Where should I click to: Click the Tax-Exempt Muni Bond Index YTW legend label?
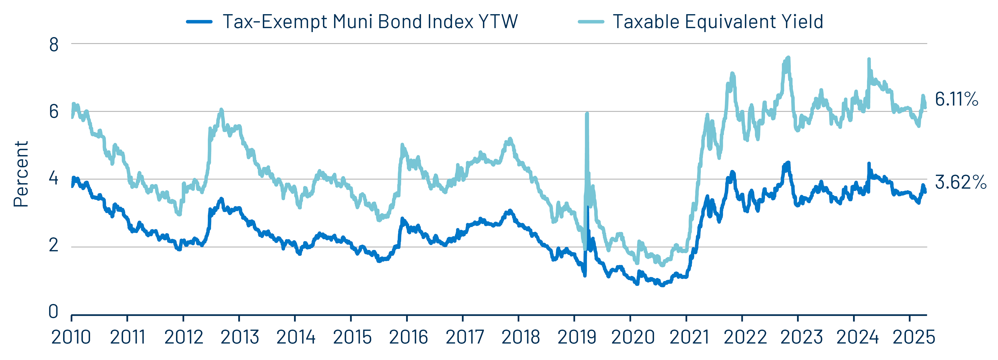pos(370,22)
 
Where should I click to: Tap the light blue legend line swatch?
pos(591,22)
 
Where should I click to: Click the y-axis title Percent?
pos(21,174)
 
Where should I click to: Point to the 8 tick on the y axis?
pos(54,45)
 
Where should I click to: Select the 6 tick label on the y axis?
pos(54,112)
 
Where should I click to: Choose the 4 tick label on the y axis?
pos(54,179)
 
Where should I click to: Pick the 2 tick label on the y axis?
pos(54,246)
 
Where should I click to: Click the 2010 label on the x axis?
pos(71,337)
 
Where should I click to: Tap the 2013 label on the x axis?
pos(240,337)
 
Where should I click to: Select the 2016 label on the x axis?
pos(408,337)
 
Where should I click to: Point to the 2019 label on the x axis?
pos(576,337)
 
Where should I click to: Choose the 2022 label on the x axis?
pos(745,337)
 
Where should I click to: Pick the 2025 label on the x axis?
pos(913,337)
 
